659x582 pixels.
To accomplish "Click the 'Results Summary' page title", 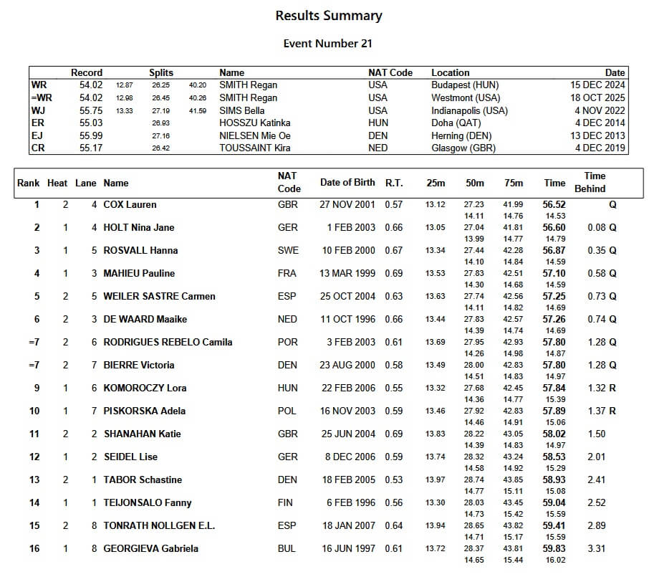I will click(329, 16).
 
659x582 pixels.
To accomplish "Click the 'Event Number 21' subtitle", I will click(328, 44).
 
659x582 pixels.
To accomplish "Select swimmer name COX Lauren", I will click(130, 205).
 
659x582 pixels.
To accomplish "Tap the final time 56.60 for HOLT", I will click(554, 228).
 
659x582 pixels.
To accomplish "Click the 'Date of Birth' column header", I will click(347, 183).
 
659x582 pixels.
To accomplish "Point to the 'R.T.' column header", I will click(394, 183).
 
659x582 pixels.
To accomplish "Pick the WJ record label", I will click(39, 110).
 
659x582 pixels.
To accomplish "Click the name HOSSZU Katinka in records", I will click(254, 123).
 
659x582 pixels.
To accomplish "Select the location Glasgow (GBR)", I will click(463, 148).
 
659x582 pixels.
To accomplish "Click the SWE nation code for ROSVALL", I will click(288, 251).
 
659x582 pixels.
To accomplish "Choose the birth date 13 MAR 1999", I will click(347, 274).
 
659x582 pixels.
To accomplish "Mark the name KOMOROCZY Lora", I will click(145, 388).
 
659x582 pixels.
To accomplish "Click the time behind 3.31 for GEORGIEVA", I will click(595, 549).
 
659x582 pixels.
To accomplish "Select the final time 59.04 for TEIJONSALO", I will click(554, 503).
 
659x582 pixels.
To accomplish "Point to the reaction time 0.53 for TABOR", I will click(394, 480).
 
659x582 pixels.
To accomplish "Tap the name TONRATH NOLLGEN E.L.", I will click(159, 526).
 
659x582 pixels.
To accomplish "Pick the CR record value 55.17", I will click(91, 148).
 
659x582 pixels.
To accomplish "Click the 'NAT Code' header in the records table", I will click(390, 72).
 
